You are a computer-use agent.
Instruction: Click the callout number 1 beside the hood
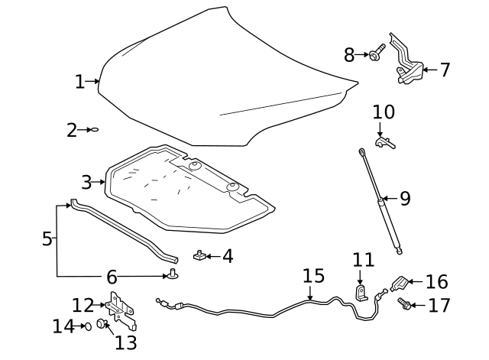point(79,81)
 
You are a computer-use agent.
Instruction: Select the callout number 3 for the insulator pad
point(86,182)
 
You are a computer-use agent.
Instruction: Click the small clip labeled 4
point(198,255)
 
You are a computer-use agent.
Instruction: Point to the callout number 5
point(47,239)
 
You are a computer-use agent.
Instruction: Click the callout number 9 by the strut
point(405,199)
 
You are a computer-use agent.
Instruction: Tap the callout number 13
point(125,342)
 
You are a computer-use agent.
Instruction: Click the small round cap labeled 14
point(88,326)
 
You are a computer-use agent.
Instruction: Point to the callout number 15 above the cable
point(313,276)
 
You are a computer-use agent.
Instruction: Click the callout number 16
point(436,282)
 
